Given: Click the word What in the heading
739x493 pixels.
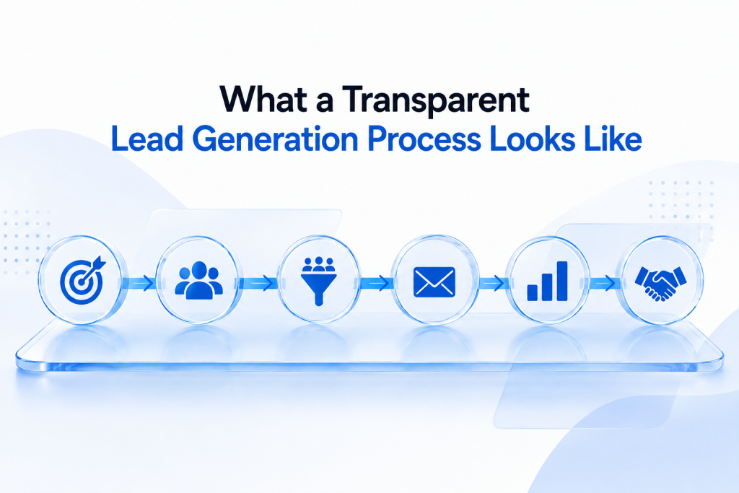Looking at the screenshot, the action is click(261, 100).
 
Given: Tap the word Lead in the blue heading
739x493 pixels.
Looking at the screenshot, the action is click(147, 139).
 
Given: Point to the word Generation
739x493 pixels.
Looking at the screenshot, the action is click(276, 139).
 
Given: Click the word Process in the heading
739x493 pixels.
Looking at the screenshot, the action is click(424, 139).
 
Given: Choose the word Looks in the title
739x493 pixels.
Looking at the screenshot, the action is click(533, 139).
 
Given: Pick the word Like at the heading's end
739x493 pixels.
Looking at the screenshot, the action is click(613, 139).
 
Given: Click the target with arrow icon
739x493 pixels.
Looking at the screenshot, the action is click(82, 280).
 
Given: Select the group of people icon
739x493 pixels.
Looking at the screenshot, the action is click(198, 280).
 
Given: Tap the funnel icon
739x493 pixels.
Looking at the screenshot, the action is click(318, 281).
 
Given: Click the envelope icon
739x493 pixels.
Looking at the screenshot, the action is click(434, 282).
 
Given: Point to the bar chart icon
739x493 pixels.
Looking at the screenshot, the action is click(547, 281).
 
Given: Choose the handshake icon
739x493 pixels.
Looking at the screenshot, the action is click(661, 283).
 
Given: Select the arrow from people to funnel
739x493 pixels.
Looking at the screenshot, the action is click(258, 283).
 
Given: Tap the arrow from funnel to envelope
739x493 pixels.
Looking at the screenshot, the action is click(375, 283).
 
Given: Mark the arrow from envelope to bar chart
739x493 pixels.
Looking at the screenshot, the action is click(491, 283).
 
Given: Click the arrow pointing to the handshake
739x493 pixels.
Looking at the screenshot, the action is click(603, 283).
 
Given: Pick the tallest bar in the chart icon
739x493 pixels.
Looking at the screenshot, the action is click(562, 281).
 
